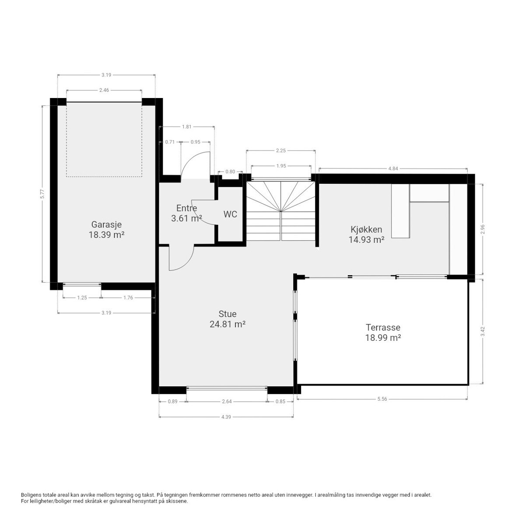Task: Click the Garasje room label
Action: point(106,224)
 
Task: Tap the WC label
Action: point(230,214)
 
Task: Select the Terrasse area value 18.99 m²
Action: point(383,338)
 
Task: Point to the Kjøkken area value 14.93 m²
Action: point(367,239)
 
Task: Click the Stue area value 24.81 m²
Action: point(227,324)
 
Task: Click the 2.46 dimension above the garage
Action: point(104,90)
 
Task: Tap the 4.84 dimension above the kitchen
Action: point(393,168)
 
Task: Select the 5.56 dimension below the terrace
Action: point(382,399)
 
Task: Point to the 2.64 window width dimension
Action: point(227,401)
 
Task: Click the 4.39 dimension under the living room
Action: point(226,417)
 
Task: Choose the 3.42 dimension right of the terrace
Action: point(483,331)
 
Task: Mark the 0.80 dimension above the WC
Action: point(230,171)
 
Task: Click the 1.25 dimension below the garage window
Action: point(82,297)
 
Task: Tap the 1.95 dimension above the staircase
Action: point(281,166)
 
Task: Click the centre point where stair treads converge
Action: point(281,211)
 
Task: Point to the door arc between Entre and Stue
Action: point(189,263)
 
